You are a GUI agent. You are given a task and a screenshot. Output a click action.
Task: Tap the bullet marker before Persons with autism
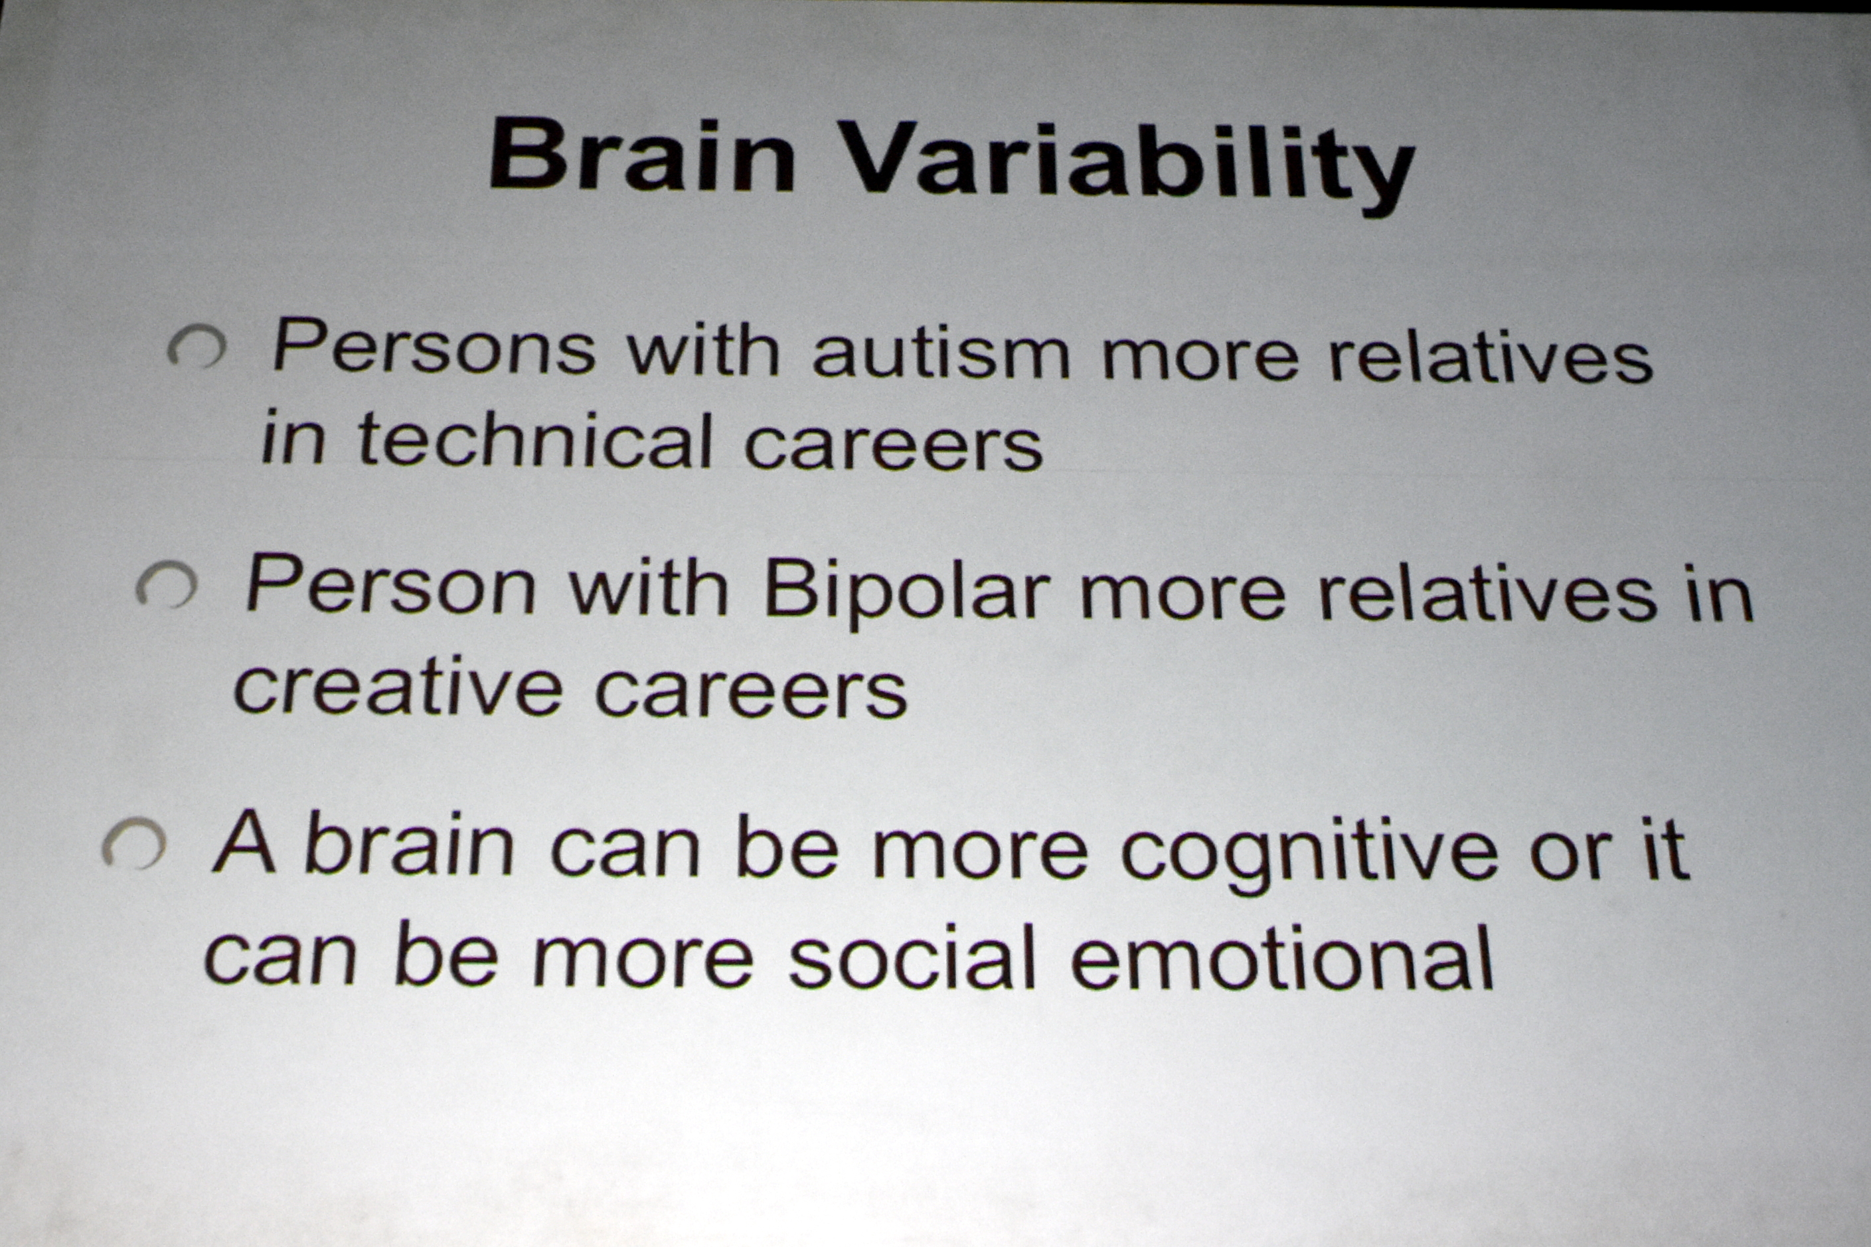(196, 347)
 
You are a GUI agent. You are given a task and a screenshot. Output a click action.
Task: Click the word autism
(941, 353)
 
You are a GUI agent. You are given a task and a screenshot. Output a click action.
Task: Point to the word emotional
(1282, 956)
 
